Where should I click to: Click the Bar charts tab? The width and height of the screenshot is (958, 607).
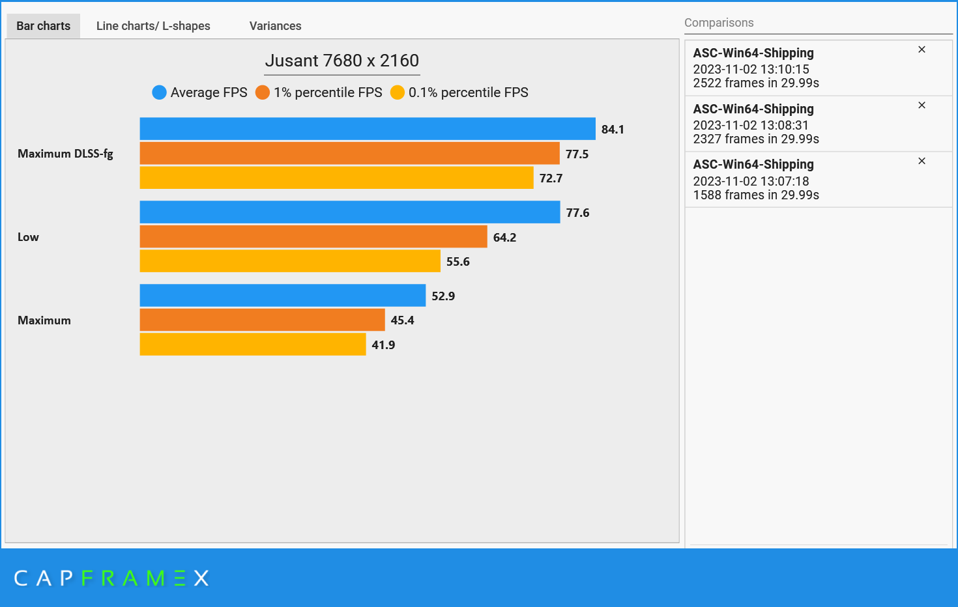[43, 26]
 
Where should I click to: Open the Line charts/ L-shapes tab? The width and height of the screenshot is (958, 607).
[153, 26]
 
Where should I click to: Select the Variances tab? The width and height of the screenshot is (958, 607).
[275, 26]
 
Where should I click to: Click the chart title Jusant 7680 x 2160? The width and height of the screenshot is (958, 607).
[341, 61]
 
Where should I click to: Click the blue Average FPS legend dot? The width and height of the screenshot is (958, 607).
[159, 92]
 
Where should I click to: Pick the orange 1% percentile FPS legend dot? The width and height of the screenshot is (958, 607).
[263, 92]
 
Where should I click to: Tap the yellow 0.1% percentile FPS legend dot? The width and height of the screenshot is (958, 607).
[398, 92]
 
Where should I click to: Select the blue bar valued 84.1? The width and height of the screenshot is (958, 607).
[367, 129]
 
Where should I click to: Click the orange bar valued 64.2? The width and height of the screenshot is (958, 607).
[313, 236]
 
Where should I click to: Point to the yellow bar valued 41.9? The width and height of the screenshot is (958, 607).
[252, 345]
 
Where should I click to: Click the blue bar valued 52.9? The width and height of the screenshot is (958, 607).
[282, 295]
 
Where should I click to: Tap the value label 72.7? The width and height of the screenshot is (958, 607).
[551, 178]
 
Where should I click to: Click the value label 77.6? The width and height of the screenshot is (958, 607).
[577, 213]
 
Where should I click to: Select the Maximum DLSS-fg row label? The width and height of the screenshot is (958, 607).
[65, 154]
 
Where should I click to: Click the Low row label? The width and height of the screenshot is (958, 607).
[28, 237]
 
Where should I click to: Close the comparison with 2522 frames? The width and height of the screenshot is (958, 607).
[922, 49]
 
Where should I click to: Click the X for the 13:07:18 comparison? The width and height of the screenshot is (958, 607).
[922, 161]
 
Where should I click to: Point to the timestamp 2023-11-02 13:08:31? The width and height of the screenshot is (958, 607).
[750, 125]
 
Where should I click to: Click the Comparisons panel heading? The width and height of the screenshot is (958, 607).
[719, 23]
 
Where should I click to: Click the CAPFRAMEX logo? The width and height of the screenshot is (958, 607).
[111, 578]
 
